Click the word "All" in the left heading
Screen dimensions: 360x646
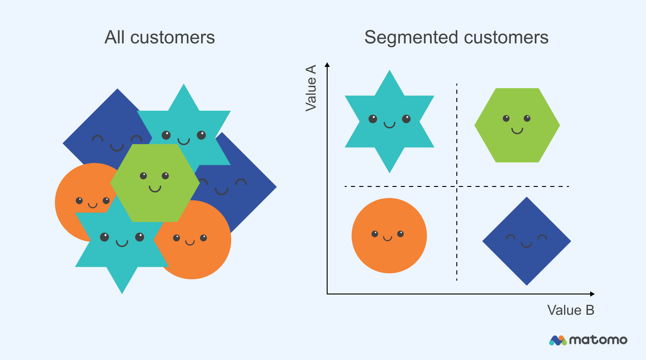click(115, 37)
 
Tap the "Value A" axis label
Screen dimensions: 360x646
click(311, 88)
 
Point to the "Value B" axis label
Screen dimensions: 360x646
click(571, 310)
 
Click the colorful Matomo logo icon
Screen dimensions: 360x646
click(557, 340)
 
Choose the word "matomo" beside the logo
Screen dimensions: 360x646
click(598, 340)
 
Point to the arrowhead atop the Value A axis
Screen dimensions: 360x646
click(327, 65)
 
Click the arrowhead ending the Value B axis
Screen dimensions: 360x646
click(592, 294)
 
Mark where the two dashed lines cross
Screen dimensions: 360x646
click(457, 186)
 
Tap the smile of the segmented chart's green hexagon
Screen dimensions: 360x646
click(517, 131)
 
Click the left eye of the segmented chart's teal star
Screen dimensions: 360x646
click(373, 119)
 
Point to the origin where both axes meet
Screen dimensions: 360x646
click(327, 294)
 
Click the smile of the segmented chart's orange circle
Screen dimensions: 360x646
click(388, 238)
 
